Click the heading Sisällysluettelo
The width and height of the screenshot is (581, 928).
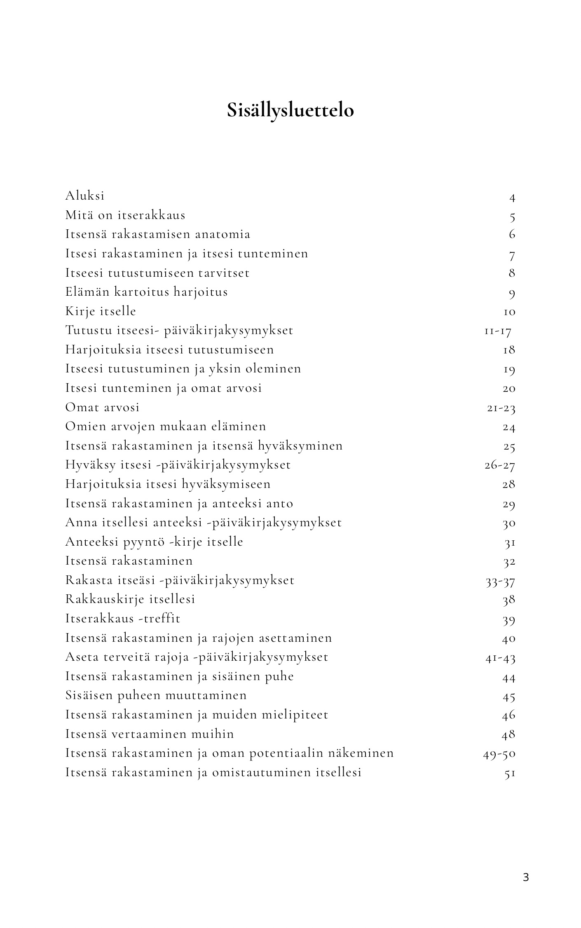[290, 111]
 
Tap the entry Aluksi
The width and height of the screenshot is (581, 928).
[85, 195]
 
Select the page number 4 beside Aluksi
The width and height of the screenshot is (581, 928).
[512, 198]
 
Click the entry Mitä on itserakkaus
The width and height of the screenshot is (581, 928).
[125, 215]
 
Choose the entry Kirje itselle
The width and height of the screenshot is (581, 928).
[101, 311]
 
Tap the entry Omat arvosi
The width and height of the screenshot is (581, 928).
[102, 407]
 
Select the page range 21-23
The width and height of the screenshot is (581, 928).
[501, 408]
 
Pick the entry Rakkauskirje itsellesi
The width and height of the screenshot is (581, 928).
[130, 599]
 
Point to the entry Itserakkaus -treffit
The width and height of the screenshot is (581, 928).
[123, 618]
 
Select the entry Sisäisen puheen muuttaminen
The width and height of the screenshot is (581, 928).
[156, 695]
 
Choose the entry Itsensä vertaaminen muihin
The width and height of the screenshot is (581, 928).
[150, 734]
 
